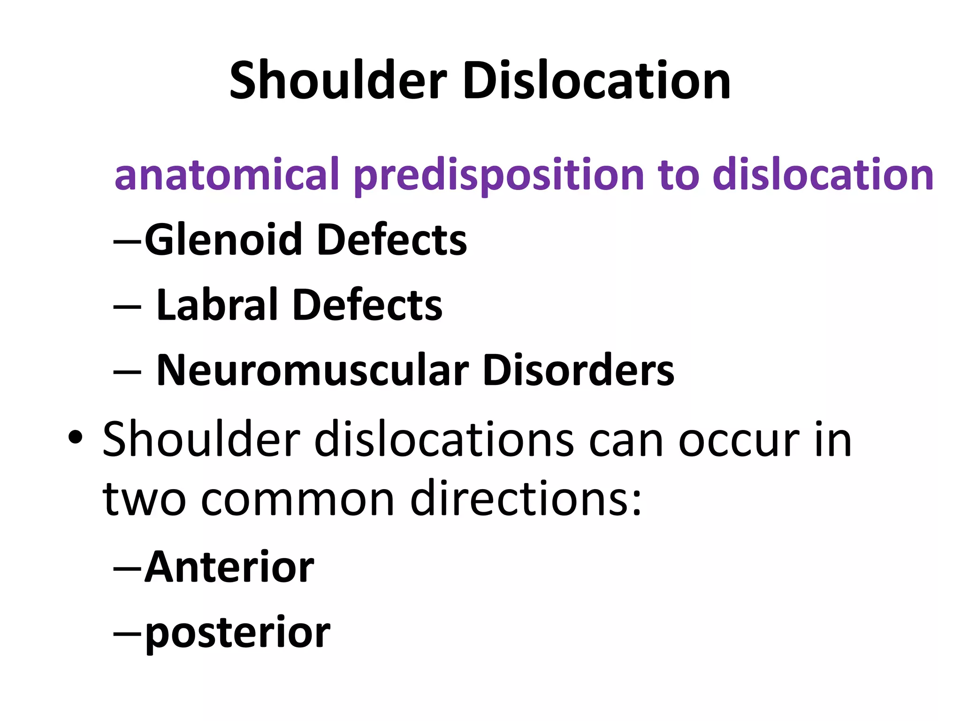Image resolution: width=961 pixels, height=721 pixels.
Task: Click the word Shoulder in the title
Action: pos(338,81)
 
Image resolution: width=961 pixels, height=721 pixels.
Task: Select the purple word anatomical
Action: pos(227,175)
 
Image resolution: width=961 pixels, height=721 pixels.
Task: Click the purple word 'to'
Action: pos(679,175)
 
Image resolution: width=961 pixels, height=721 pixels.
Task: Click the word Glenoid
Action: pos(223,240)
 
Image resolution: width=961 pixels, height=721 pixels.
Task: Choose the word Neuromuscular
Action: pos(312,371)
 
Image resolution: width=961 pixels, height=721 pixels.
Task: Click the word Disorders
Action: pos(578,371)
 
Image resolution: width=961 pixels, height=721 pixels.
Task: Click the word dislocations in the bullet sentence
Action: pos(443,440)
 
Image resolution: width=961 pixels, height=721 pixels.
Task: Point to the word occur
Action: pos(739,440)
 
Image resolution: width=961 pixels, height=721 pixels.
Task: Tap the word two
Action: pos(145,499)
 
